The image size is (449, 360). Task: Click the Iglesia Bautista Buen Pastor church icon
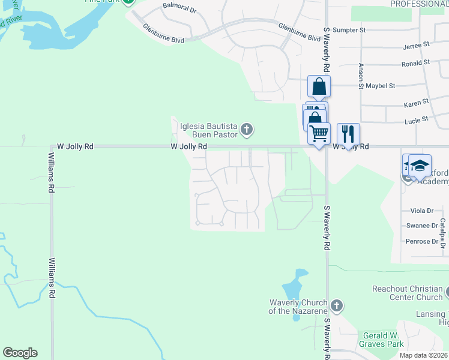[247, 129]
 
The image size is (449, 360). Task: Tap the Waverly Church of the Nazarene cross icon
[336, 306]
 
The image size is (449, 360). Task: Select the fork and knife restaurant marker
[348, 133]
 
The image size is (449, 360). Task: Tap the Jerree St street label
[417, 45]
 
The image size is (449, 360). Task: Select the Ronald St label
[415, 62]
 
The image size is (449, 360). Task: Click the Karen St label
[416, 103]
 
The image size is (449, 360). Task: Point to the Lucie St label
[416, 119]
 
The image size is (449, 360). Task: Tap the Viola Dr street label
[422, 211]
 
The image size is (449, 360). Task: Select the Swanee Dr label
[422, 226]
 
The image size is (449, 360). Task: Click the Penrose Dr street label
[422, 241]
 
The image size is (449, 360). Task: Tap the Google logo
[20, 353]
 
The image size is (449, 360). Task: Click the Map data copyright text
[424, 355]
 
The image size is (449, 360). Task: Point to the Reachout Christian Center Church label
[407, 293]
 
